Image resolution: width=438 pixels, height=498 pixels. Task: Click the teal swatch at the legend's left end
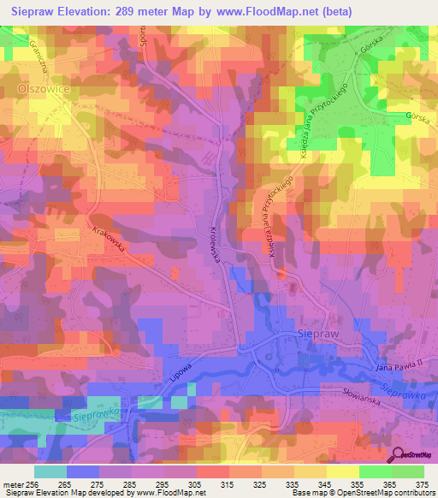pyautogui.click(x=50, y=471)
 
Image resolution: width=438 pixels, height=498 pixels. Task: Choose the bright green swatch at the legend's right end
pyautogui.click(x=408, y=471)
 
